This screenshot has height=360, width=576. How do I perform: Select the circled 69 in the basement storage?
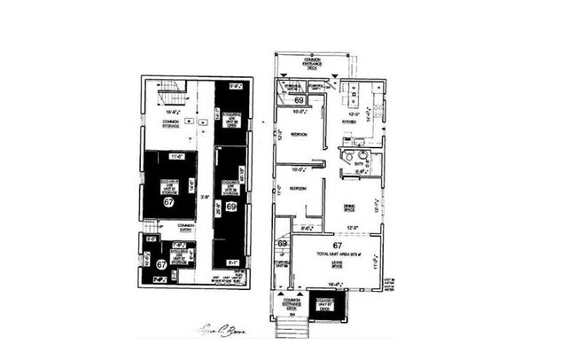click(230, 207)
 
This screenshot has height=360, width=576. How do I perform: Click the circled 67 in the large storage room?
click(168, 201)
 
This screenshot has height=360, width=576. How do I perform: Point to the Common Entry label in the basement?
click(185, 228)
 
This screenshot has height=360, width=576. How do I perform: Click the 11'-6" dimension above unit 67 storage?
click(175, 157)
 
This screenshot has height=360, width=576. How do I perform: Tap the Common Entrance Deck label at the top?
click(314, 60)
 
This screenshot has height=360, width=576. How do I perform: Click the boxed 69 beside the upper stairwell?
click(300, 101)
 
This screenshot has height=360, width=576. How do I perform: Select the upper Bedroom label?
click(297, 134)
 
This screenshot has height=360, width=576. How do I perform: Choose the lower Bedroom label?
click(297, 188)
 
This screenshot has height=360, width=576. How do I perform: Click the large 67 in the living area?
click(338, 246)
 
